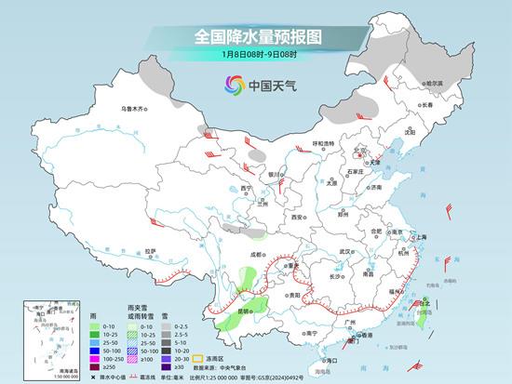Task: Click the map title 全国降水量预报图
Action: point(257,36)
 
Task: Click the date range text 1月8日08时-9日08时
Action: point(257,55)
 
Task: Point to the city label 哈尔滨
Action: point(430,83)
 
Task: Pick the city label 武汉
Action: point(347,251)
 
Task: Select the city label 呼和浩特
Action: point(323,143)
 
